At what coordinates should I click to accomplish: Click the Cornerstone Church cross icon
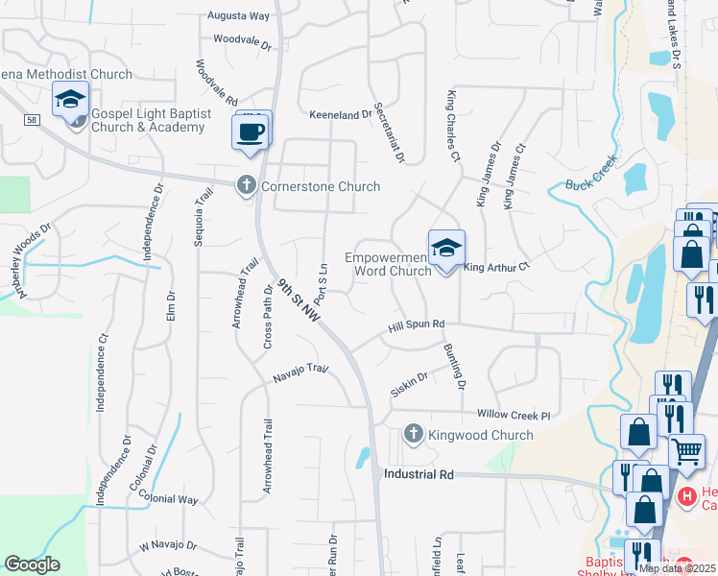pos(246,186)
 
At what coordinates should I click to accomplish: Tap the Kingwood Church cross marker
pos(414,435)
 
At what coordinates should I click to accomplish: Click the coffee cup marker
pos(251,132)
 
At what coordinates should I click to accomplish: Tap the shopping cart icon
pos(685,450)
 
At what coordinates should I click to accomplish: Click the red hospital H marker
pos(687,497)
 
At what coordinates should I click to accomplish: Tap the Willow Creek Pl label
pos(514,415)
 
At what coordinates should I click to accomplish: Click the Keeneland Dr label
pos(340,114)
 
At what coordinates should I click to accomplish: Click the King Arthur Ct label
pos(497,268)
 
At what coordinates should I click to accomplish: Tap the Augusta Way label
pos(240,16)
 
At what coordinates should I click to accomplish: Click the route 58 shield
pos(33,119)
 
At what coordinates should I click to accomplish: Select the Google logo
pos(32,564)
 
